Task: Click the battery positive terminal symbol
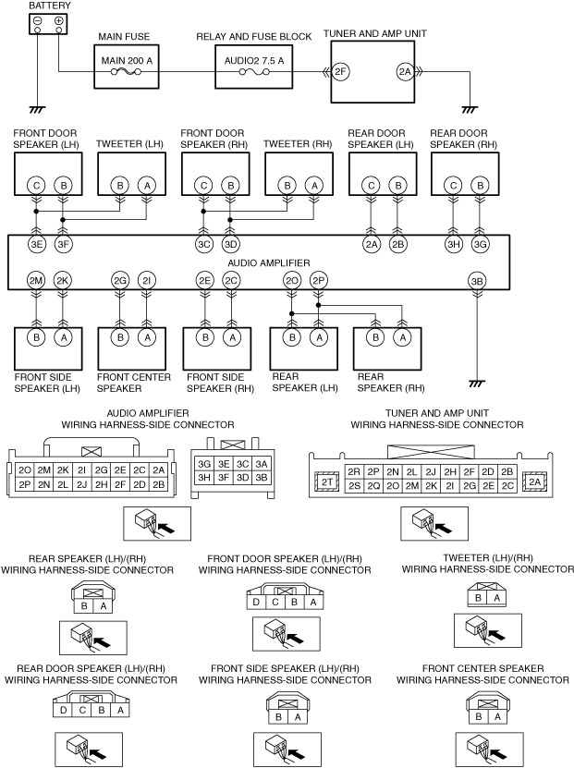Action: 58,20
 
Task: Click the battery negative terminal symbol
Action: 38,20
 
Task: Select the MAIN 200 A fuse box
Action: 127,67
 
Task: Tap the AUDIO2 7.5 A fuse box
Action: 254,67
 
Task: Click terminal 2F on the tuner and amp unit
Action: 340,72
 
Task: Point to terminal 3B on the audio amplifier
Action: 477,281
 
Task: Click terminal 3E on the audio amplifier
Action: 36,244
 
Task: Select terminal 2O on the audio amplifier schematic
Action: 292,281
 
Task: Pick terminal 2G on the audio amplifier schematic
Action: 120,281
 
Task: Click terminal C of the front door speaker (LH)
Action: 36,186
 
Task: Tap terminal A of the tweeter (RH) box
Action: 314,186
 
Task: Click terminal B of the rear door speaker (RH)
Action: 480,186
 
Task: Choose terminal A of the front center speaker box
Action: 147,337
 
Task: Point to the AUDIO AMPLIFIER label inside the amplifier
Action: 268,263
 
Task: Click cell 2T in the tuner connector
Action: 326,482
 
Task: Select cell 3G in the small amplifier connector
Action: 204,464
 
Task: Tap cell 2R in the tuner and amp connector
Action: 354,471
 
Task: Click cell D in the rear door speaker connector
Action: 63,710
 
